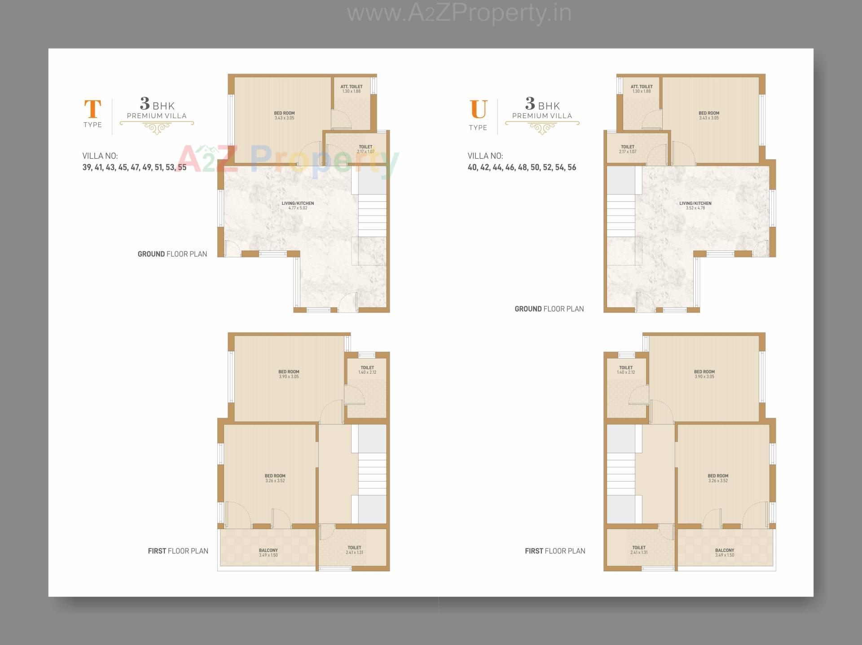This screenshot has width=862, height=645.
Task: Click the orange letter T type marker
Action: click(x=92, y=109)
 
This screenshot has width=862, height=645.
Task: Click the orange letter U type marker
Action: click(x=478, y=109)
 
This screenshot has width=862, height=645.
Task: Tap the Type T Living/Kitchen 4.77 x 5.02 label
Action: click(x=298, y=206)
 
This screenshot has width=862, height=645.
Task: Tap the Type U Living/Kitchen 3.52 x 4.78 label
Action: click(x=695, y=206)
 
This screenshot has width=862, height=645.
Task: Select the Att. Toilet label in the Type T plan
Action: click(x=351, y=89)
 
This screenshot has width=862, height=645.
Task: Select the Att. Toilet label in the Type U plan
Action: click(x=641, y=89)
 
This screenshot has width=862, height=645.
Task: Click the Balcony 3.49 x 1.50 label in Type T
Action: click(x=268, y=552)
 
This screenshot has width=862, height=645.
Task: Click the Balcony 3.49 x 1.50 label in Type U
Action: click(x=724, y=552)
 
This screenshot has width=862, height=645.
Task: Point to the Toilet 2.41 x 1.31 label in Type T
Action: click(x=354, y=550)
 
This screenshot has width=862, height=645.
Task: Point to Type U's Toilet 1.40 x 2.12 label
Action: click(x=625, y=370)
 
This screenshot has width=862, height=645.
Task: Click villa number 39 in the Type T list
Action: click(x=86, y=168)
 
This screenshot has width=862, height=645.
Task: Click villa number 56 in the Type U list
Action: click(x=572, y=168)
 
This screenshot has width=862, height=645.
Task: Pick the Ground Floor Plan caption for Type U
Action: click(x=549, y=309)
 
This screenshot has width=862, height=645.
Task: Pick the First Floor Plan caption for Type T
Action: click(x=178, y=551)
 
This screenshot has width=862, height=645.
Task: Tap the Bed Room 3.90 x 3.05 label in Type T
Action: click(x=288, y=374)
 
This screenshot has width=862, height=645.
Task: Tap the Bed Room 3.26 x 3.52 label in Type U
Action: click(x=717, y=478)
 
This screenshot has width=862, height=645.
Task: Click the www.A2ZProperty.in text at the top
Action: click(x=459, y=13)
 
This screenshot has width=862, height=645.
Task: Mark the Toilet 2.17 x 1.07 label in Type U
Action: click(x=627, y=149)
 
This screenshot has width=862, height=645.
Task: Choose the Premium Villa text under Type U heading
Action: click(x=542, y=116)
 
